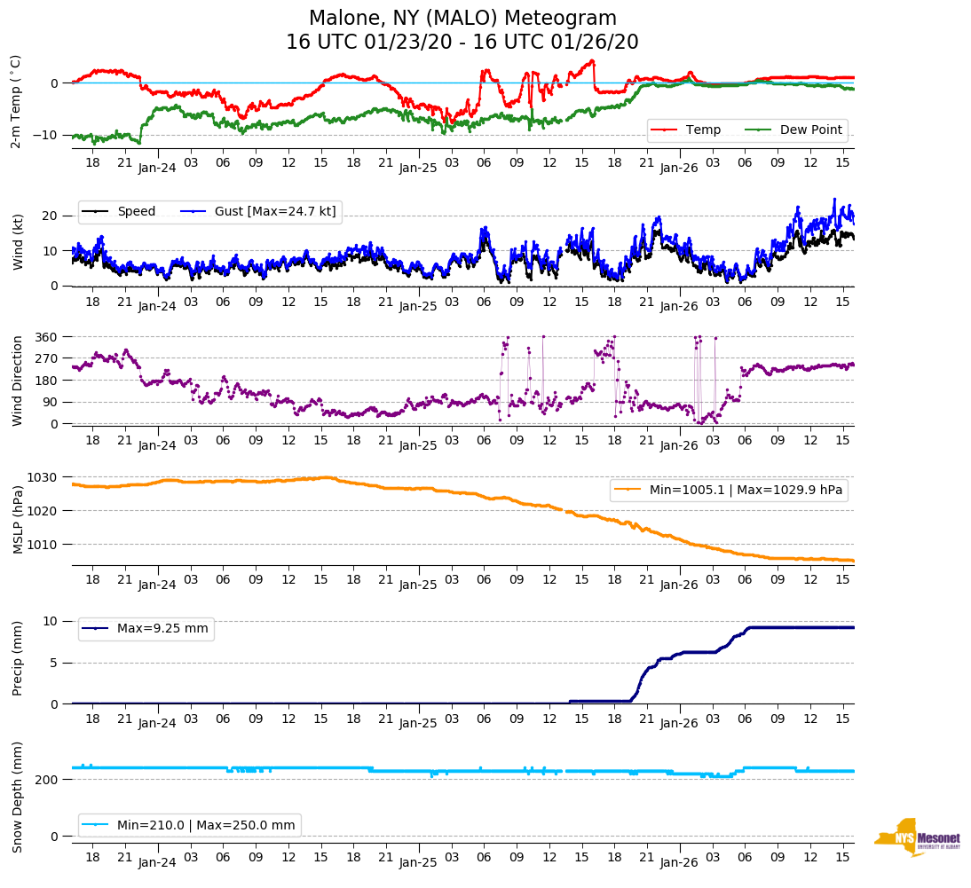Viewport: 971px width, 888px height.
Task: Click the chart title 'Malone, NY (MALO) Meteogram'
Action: point(462,19)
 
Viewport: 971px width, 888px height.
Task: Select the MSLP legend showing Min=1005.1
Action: point(728,490)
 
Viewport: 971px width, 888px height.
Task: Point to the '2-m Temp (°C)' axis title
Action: point(15,101)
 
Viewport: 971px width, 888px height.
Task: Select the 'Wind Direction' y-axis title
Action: point(17,380)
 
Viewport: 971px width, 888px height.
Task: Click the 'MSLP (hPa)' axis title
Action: point(17,520)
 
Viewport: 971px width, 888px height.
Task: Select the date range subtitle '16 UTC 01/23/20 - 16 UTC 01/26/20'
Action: point(462,43)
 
